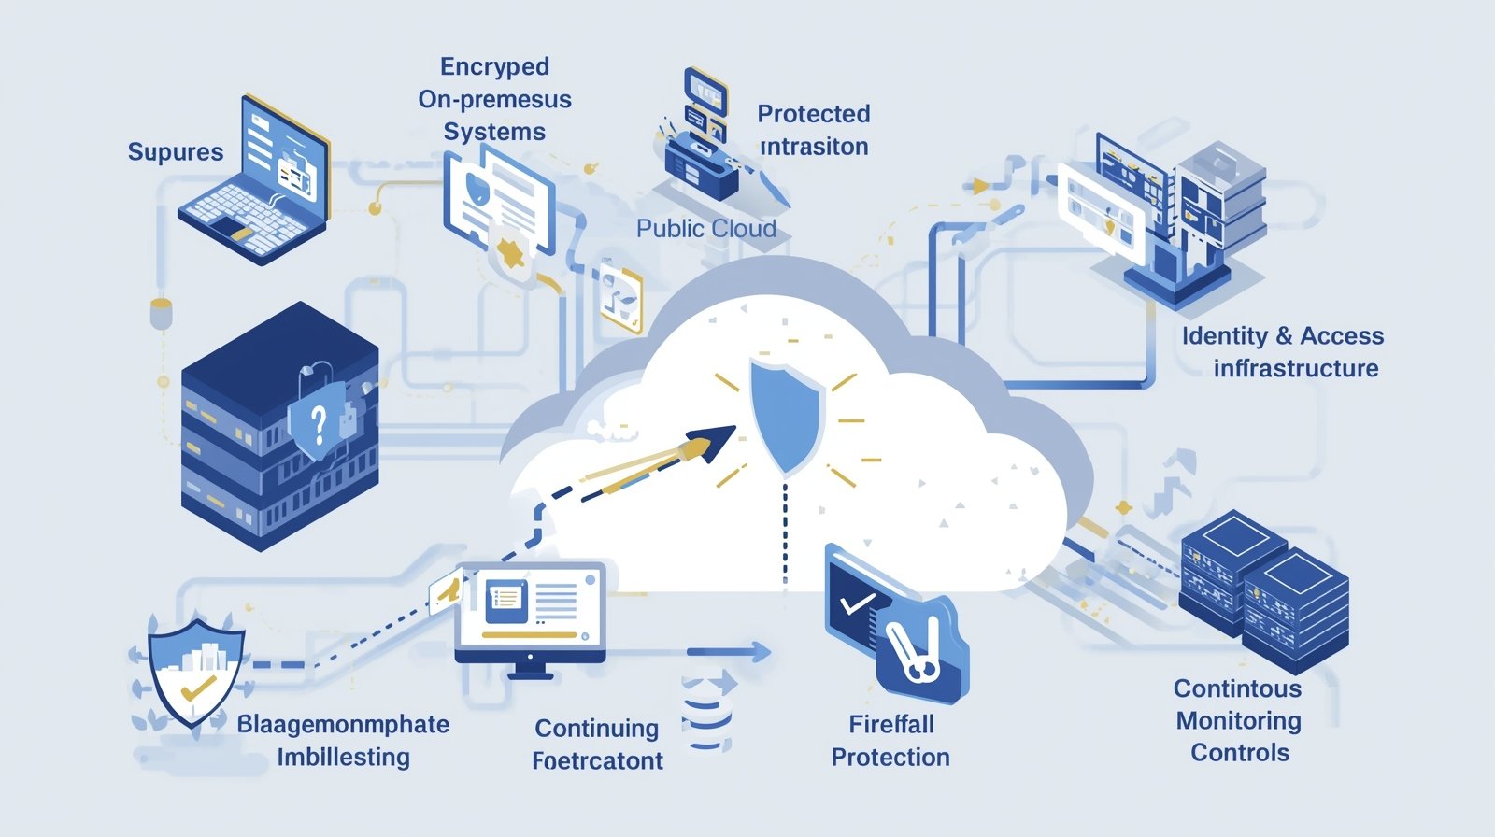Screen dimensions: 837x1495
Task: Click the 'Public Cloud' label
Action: point(705,228)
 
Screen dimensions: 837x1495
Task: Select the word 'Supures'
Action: point(176,152)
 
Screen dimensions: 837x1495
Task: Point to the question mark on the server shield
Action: point(319,425)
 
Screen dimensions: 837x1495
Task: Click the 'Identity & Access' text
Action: point(1282,336)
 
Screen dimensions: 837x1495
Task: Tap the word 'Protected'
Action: point(813,114)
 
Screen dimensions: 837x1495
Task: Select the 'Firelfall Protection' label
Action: point(890,740)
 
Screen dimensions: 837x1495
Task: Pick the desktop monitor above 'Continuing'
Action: point(531,612)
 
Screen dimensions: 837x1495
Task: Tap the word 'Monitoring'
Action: point(1238,721)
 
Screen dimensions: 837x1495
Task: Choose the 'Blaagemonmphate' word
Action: point(343,725)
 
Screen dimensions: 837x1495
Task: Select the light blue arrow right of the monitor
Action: point(729,652)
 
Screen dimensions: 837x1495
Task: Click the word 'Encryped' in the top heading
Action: point(494,67)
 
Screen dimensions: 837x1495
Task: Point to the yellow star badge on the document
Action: point(510,251)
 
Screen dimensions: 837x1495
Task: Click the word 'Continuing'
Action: point(596,729)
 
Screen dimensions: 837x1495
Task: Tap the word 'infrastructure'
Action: point(1295,369)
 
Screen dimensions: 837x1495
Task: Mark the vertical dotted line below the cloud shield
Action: point(785,532)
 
